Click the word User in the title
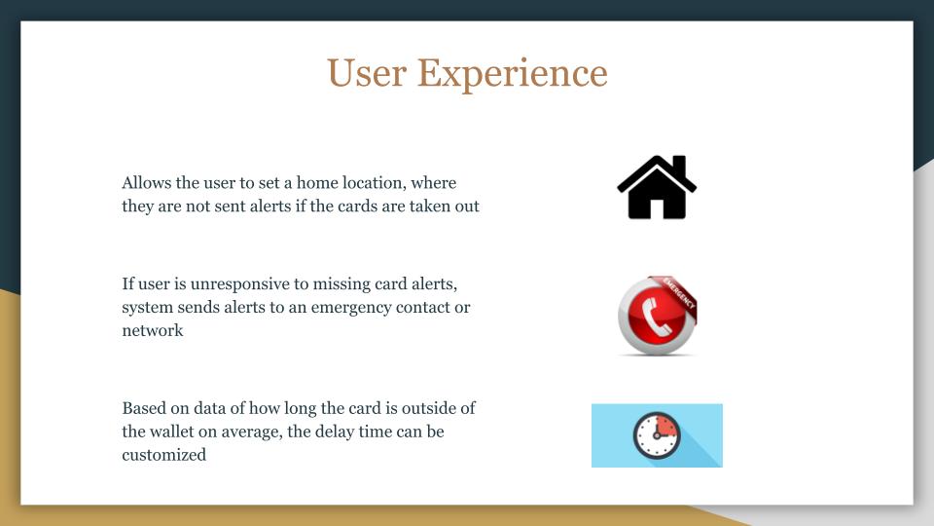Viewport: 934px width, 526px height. tap(367, 73)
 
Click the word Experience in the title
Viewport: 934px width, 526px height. tap(513, 75)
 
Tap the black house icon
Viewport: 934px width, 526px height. tap(657, 187)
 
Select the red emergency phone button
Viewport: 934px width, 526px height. tap(657, 316)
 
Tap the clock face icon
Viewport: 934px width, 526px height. tap(657, 435)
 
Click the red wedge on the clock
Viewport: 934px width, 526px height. tap(665, 426)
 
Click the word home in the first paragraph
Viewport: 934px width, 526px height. tap(317, 182)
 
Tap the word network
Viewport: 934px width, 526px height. tap(153, 330)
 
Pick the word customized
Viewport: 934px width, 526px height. tap(163, 455)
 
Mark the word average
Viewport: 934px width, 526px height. tap(251, 432)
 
